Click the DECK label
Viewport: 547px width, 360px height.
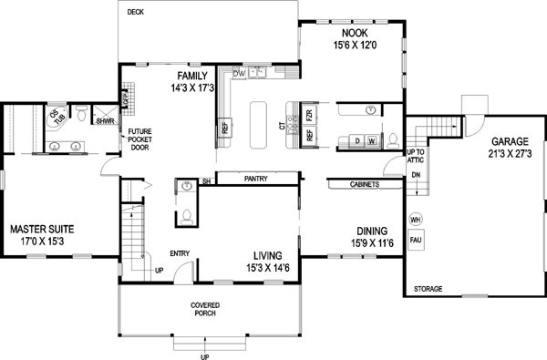click(136, 13)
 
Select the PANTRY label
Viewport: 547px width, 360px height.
click(255, 180)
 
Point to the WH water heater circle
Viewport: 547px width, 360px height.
click(415, 220)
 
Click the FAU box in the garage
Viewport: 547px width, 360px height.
click(415, 241)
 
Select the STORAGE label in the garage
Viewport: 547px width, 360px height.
click(428, 289)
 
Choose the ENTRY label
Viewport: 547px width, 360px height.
click(180, 254)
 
